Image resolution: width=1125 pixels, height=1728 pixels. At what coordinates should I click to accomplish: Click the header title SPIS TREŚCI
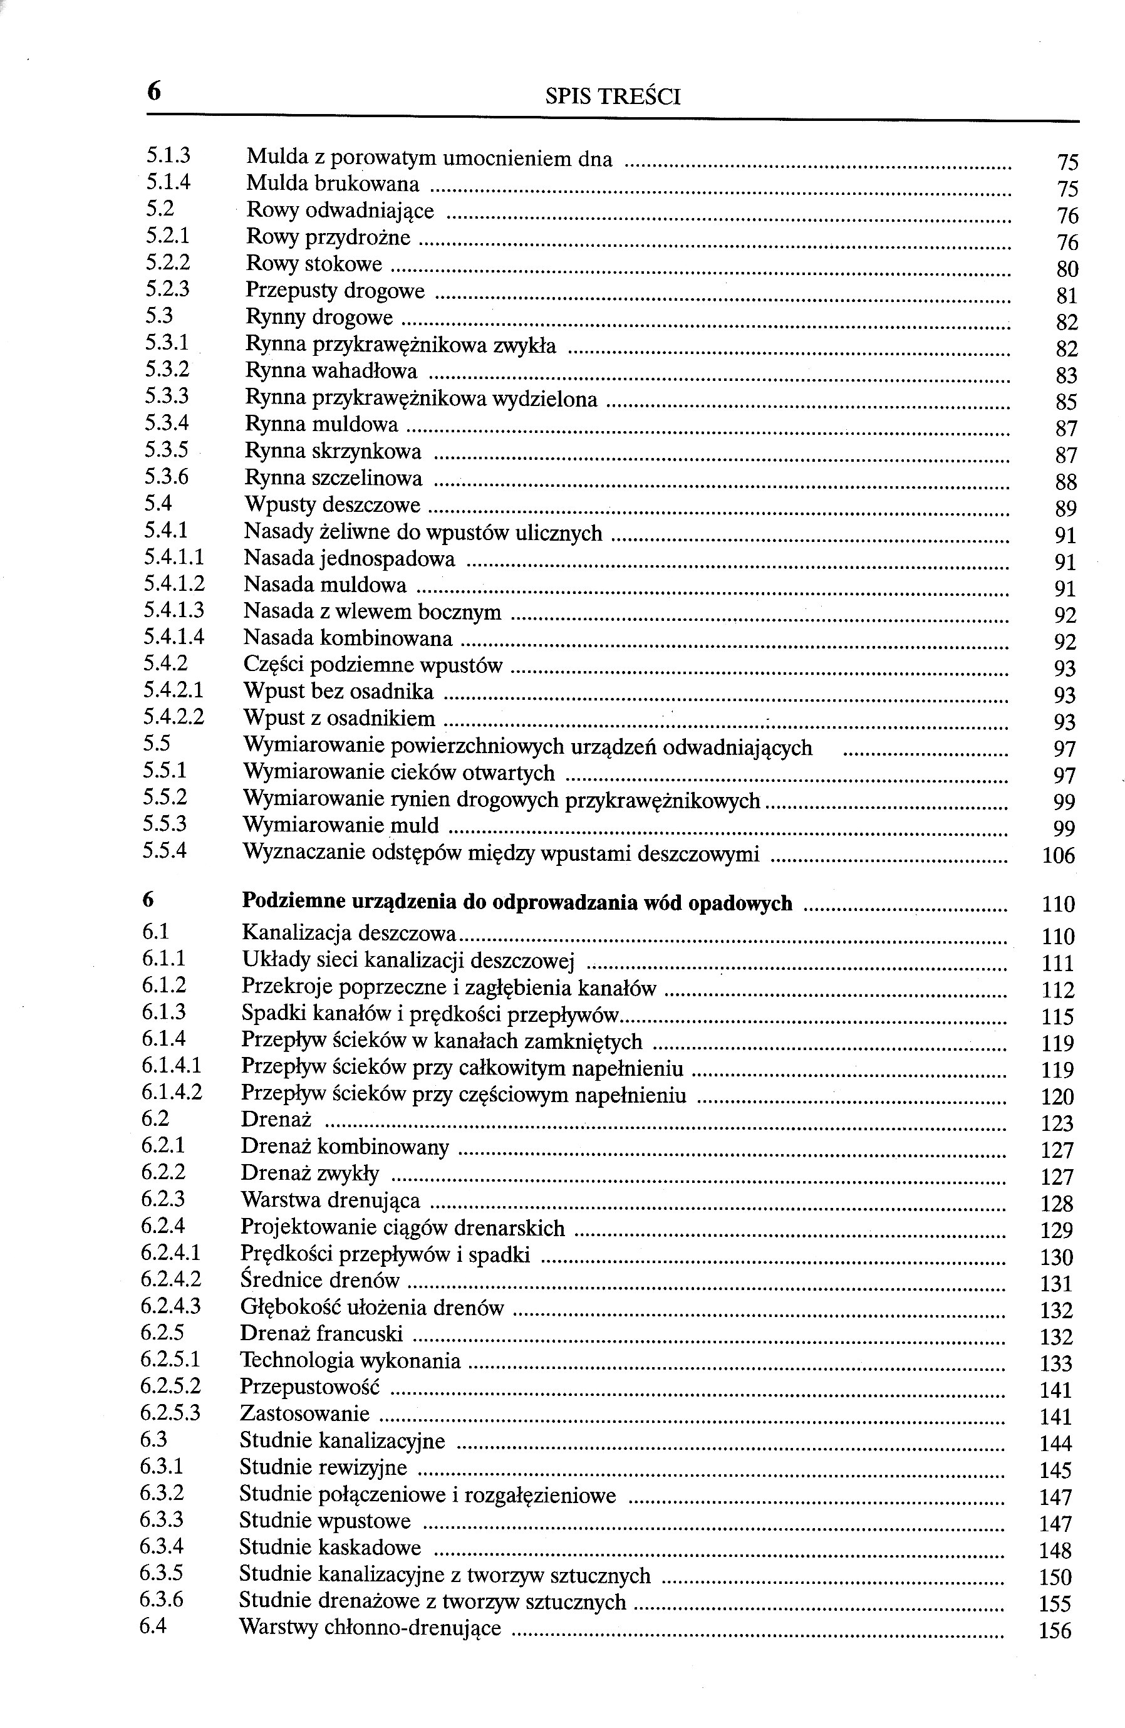[612, 96]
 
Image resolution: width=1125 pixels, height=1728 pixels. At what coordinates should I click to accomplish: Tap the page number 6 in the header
[154, 91]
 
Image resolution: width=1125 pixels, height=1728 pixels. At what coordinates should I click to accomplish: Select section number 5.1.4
[168, 182]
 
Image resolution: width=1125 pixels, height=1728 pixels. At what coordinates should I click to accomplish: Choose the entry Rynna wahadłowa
[331, 371]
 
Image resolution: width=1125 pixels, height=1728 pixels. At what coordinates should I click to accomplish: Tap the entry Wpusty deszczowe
[333, 504]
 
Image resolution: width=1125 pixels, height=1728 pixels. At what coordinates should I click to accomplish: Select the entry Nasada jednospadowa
[349, 558]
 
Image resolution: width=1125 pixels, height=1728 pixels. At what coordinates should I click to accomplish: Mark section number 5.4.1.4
[174, 637]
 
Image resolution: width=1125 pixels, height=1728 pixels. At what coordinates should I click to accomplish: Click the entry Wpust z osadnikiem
[339, 719]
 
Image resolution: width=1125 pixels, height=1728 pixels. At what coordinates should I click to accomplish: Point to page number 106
[1057, 856]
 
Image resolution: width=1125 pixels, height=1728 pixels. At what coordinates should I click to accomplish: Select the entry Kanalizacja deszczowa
[348, 933]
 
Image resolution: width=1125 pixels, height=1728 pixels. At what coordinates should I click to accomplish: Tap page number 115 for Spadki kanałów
[1057, 1016]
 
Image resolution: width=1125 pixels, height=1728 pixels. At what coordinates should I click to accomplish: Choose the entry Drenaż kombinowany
[345, 1147]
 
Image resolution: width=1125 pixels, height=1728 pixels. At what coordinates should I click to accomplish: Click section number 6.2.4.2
[170, 1279]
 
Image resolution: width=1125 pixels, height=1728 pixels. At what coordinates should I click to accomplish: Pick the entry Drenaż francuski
[321, 1334]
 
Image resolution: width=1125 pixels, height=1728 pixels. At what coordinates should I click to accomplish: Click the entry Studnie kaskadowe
[329, 1547]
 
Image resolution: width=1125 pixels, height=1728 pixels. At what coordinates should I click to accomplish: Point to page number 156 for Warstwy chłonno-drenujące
[1055, 1632]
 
